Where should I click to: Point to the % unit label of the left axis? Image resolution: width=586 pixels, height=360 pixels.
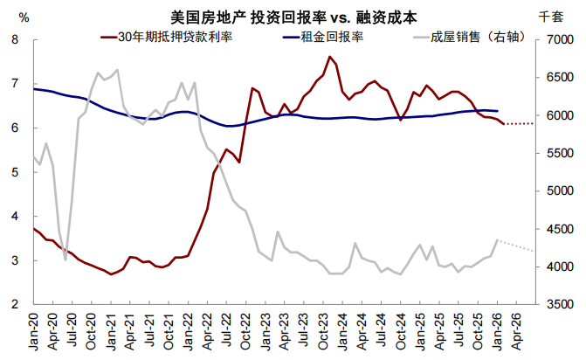(x=24, y=17)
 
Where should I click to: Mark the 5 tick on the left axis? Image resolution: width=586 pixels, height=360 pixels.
(x=15, y=173)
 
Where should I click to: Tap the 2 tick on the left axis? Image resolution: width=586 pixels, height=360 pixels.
(x=15, y=305)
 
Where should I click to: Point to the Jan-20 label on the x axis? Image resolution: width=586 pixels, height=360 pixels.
(x=34, y=333)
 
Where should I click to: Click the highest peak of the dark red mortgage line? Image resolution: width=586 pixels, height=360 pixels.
(x=329, y=57)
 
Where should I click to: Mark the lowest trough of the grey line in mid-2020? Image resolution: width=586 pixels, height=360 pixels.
(x=65, y=234)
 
